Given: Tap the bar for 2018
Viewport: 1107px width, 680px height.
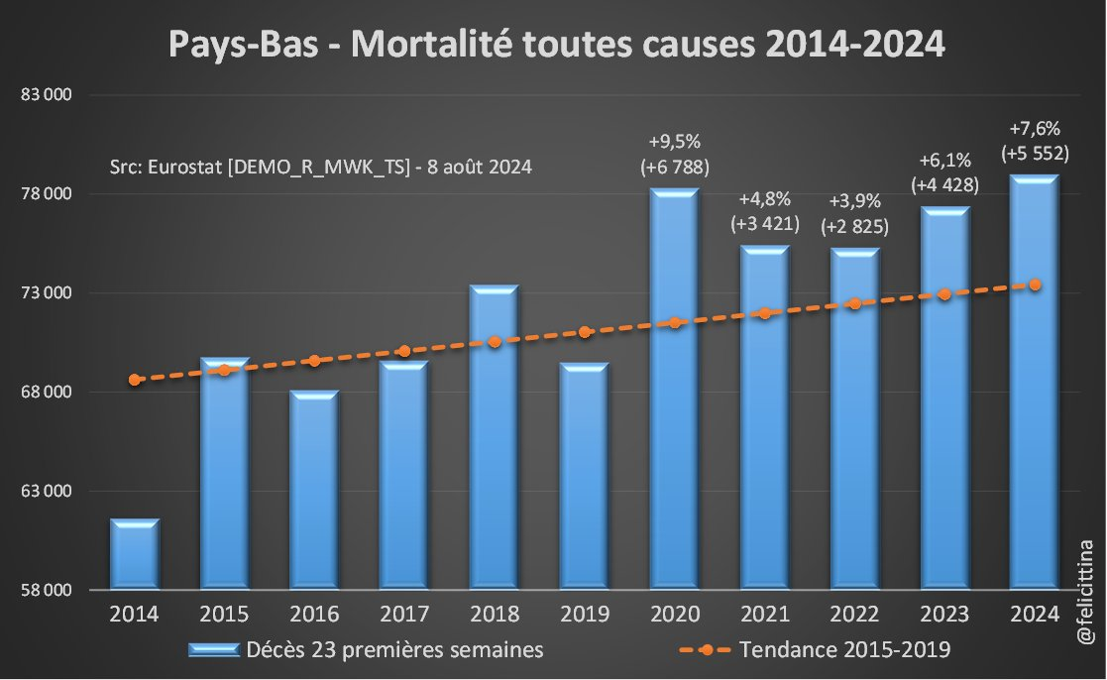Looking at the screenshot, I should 495,436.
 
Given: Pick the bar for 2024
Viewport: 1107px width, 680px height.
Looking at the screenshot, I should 1035,382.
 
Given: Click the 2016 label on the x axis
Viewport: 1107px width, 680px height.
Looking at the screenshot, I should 314,614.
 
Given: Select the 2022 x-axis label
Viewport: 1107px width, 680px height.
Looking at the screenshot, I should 854,614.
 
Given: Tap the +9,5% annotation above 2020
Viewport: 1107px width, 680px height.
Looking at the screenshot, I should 674,141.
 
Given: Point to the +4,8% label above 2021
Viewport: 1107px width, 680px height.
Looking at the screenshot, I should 764,199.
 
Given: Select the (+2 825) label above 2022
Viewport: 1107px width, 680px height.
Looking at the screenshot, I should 854,227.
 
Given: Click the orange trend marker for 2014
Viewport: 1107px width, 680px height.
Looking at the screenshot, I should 135,380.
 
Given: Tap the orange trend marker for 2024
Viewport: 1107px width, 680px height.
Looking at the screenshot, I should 1035,284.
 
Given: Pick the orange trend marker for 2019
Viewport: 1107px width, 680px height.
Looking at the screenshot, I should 585,332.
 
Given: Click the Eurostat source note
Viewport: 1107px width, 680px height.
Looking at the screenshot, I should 321,167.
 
